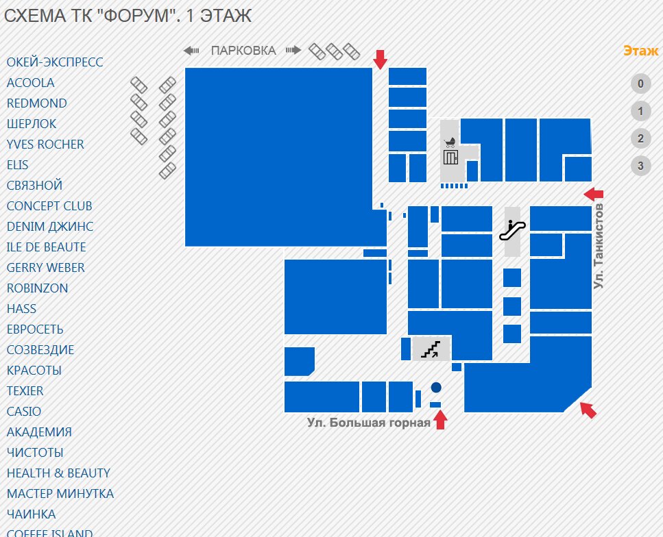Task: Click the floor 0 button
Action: [640, 84]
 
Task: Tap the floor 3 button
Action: [640, 166]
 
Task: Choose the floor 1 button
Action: [640, 112]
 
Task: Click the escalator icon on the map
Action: [512, 229]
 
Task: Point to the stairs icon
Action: [431, 350]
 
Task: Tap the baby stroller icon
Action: [450, 142]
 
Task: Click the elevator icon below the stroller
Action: [450, 158]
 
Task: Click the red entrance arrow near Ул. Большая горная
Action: [440, 419]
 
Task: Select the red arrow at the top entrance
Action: [380, 59]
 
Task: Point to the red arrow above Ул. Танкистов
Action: [593, 194]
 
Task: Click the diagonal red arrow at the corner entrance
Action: [588, 410]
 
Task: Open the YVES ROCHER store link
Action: [45, 145]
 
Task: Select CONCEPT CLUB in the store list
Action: [49, 206]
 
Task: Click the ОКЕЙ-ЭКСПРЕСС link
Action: [55, 62]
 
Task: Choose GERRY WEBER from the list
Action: [46, 268]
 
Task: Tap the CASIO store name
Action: [24, 412]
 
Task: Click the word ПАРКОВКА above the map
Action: [243, 51]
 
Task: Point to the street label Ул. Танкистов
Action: [599, 246]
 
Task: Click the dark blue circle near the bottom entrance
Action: [436, 388]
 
